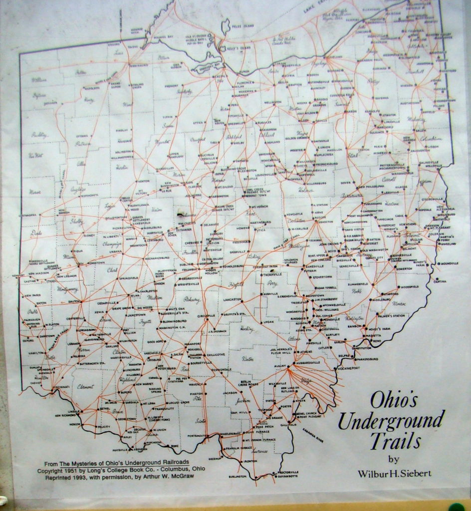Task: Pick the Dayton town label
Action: (x=74, y=301)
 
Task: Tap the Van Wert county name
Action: (x=35, y=155)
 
